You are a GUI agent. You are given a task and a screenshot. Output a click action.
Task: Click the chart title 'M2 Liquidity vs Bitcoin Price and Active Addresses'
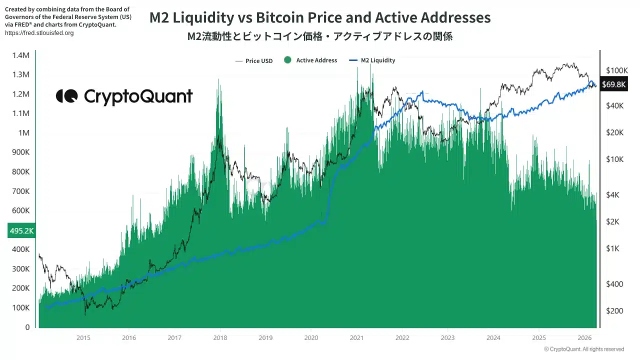coord(320,18)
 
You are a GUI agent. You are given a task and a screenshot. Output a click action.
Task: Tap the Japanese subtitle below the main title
coord(320,36)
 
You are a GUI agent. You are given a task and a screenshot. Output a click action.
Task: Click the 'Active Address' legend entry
coord(310,60)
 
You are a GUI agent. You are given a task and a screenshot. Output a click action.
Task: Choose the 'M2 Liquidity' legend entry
coord(372,60)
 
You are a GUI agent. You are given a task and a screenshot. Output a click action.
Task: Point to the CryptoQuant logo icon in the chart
coord(66,96)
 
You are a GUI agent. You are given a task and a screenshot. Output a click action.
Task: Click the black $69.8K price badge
coord(613,84)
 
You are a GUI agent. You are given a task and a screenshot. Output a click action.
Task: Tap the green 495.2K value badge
coord(21,231)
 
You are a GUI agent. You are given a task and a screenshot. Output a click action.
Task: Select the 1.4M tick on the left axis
coord(20,55)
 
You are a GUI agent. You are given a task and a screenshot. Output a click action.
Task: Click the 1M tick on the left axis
coord(24,133)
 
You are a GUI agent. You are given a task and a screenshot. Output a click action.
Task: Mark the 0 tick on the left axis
coord(27,327)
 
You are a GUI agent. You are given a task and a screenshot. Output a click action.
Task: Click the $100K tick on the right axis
coord(616,70)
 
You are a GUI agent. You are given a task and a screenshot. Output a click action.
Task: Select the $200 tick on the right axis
coord(614,311)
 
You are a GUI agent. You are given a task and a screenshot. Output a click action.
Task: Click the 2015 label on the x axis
coord(83,338)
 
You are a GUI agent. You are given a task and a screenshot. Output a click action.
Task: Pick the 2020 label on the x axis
coord(311,338)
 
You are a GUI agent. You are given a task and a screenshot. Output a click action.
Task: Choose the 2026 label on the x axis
coord(584,338)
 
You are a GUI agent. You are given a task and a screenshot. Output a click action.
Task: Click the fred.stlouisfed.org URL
coord(39,33)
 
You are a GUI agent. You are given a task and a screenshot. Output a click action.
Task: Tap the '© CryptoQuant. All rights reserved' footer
coord(584,349)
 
